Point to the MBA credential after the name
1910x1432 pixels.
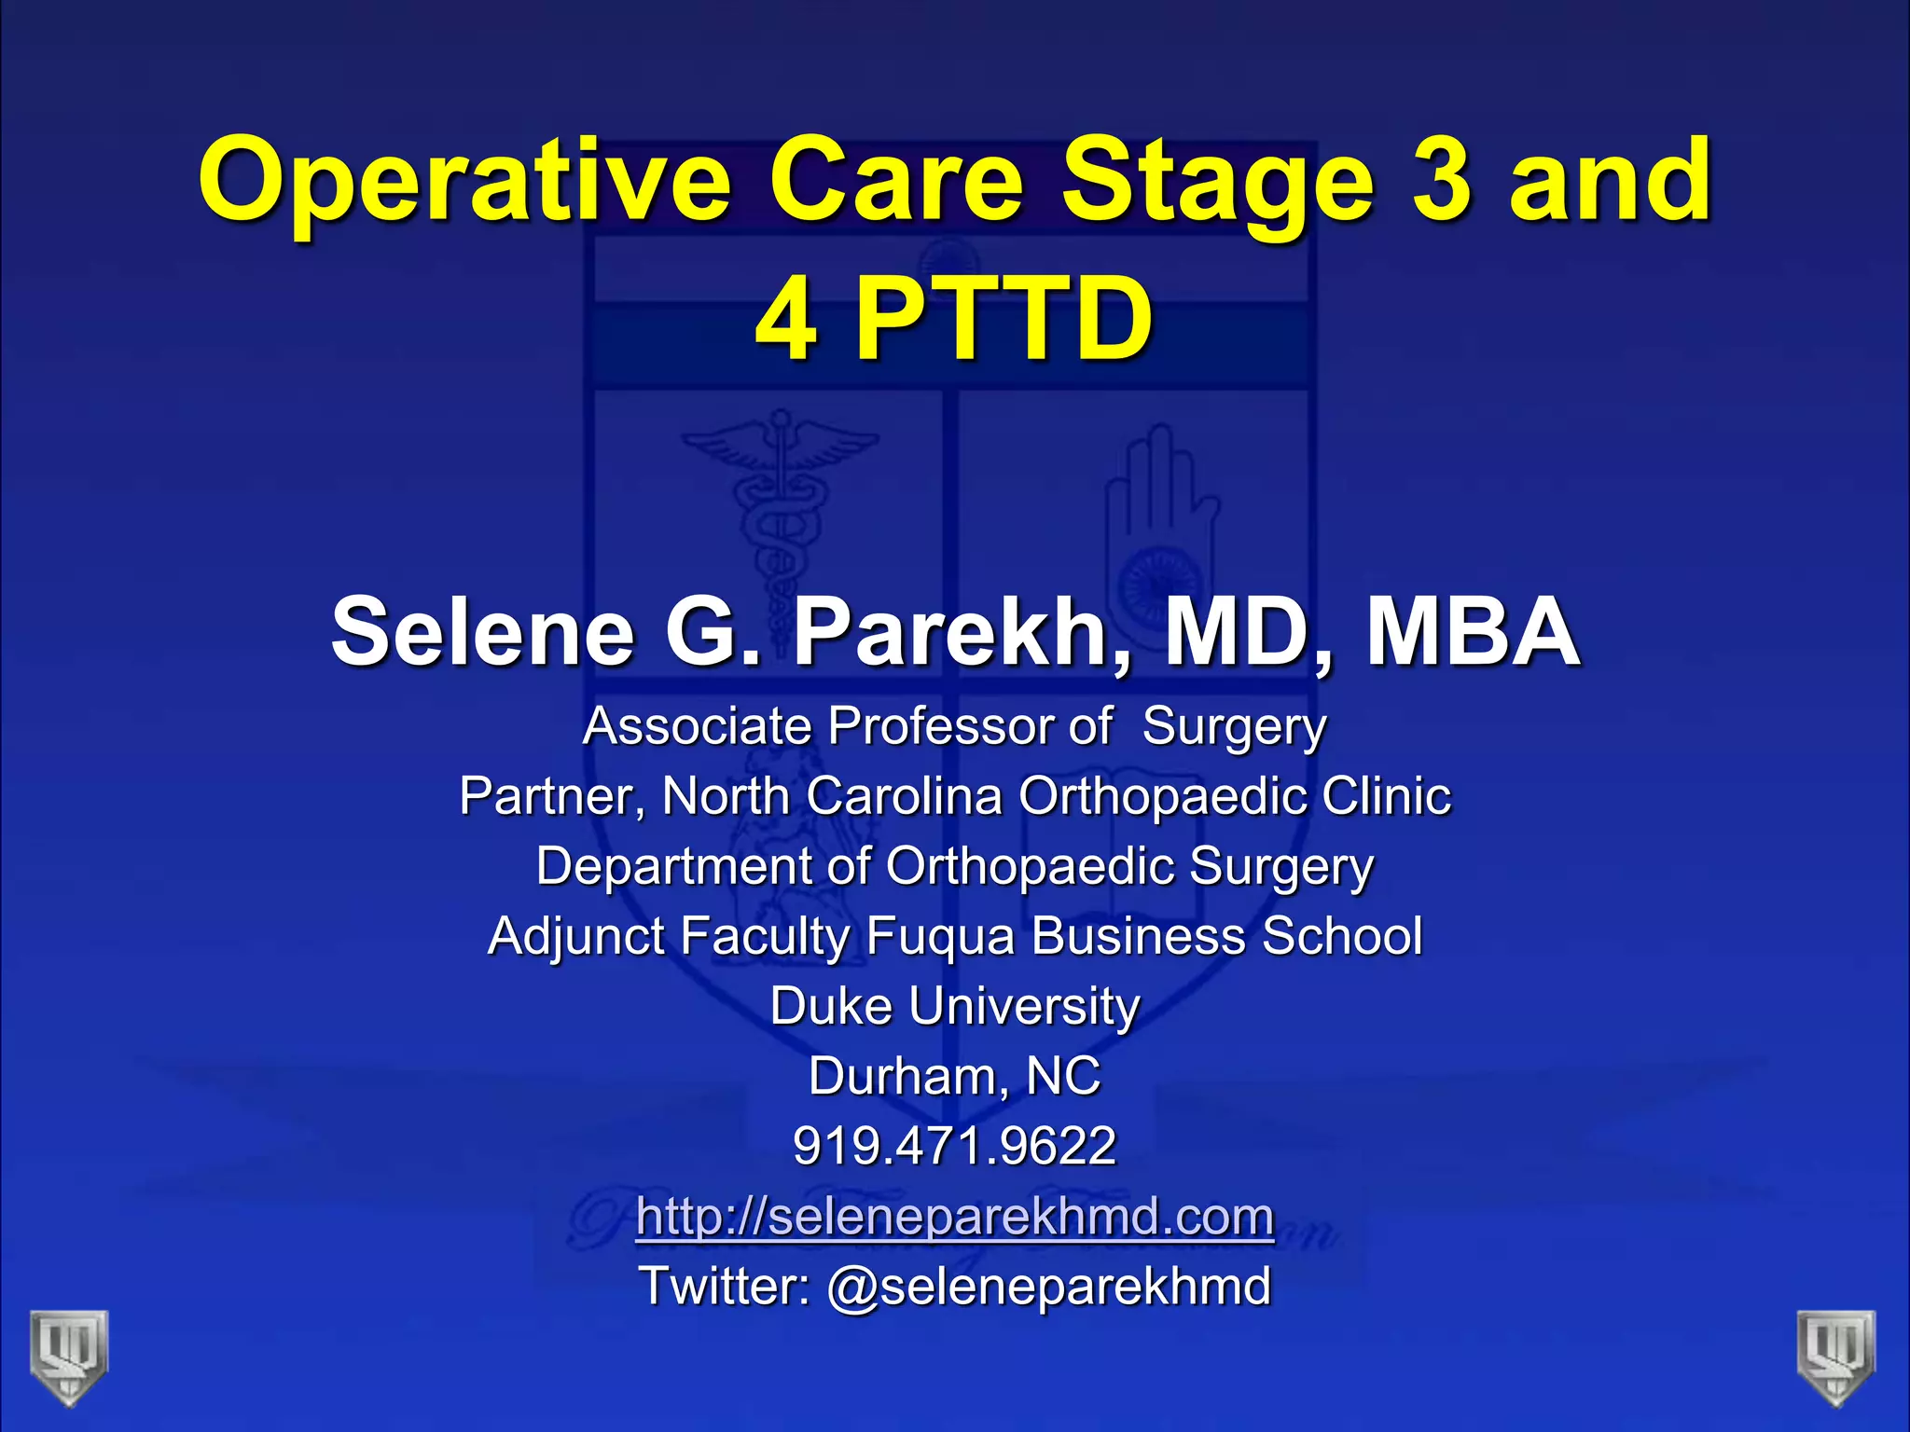tap(1473, 633)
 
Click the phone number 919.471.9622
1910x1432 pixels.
tap(954, 1146)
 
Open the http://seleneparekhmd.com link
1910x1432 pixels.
tap(954, 1217)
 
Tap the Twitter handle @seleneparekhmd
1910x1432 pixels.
tap(1048, 1287)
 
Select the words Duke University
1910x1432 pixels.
tap(955, 1006)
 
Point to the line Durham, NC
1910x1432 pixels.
tap(954, 1076)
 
